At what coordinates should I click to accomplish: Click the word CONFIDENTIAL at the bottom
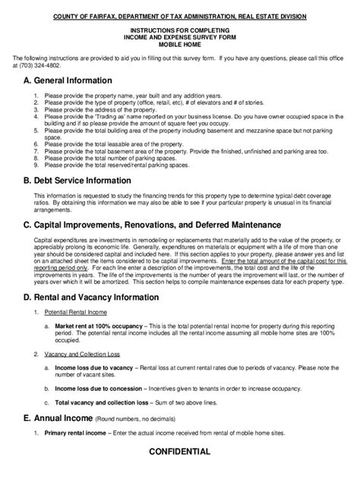[x=180, y=451]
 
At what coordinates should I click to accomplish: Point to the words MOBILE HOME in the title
[x=180, y=45]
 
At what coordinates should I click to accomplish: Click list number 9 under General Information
[x=37, y=164]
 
